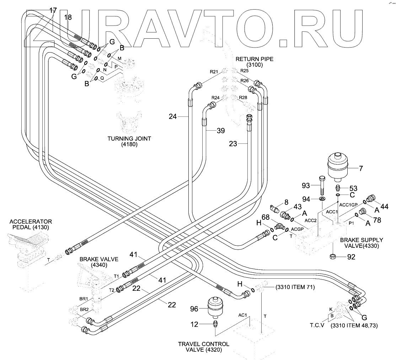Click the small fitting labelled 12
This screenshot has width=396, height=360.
(x=215, y=324)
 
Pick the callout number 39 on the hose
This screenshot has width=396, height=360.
(x=221, y=131)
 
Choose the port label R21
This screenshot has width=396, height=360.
(x=214, y=72)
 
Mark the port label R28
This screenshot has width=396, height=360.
(x=243, y=97)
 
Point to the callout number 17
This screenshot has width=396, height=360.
(x=53, y=10)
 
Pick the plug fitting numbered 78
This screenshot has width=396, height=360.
(x=362, y=212)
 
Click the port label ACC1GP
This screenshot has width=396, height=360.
(x=347, y=204)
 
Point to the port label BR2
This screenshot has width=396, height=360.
(x=84, y=310)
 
